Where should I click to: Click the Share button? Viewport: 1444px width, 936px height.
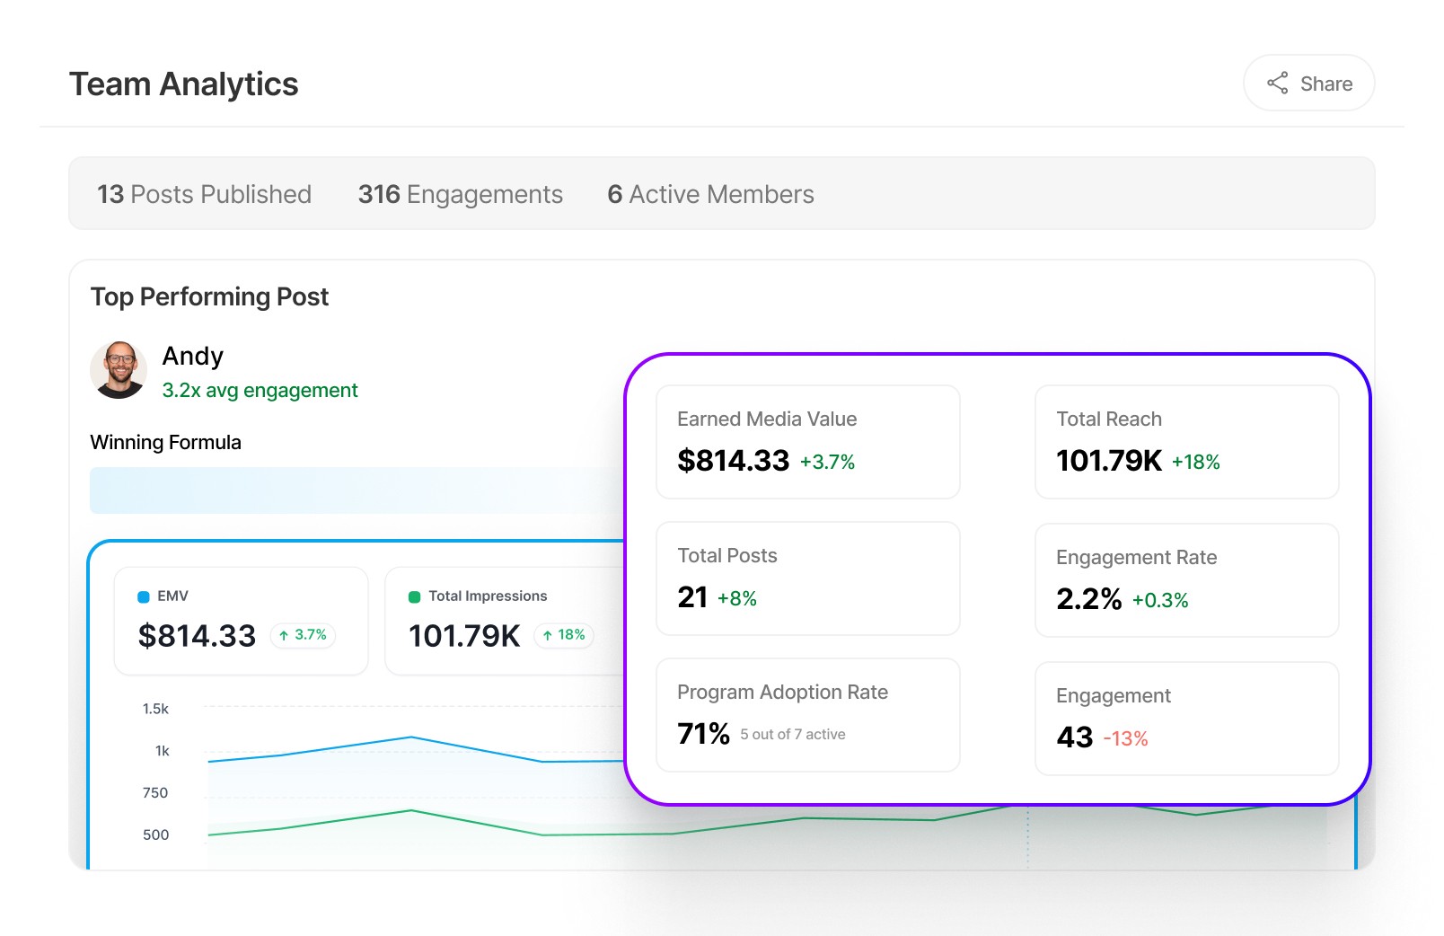tap(1308, 84)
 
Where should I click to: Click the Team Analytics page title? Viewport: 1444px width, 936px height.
tap(183, 84)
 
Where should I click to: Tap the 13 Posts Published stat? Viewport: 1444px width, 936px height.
tap(204, 194)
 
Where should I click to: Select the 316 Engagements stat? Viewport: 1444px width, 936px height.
tap(460, 194)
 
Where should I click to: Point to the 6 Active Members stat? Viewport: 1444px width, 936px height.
tap(710, 194)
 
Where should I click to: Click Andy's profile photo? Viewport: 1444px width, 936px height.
tap(119, 369)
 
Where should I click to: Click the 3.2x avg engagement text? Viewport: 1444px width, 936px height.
tap(260, 391)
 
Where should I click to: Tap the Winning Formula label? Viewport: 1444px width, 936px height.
tap(165, 442)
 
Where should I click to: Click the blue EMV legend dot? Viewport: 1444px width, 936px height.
tap(144, 596)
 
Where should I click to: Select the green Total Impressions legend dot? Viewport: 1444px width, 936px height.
tap(415, 596)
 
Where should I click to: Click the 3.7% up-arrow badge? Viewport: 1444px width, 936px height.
tap(303, 635)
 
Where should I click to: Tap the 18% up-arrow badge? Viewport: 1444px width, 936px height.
tap(564, 635)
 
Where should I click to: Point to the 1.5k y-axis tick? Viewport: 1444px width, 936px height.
tap(155, 709)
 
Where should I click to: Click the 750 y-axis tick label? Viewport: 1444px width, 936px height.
tap(155, 792)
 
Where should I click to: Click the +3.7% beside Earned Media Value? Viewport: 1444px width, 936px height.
tap(827, 462)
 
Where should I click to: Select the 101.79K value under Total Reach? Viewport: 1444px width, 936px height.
tap(1108, 461)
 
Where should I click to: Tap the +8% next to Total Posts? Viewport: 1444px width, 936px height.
tap(736, 598)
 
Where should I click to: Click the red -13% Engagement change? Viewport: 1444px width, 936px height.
tap(1125, 738)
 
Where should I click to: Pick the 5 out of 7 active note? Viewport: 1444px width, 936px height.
tap(792, 734)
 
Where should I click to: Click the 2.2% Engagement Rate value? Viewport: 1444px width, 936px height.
tap(1088, 599)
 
